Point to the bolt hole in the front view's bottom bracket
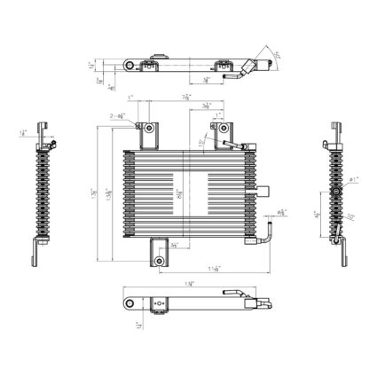point(158,262)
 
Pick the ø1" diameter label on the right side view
point(352,180)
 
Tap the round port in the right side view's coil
point(336,190)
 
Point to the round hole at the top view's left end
point(130,66)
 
